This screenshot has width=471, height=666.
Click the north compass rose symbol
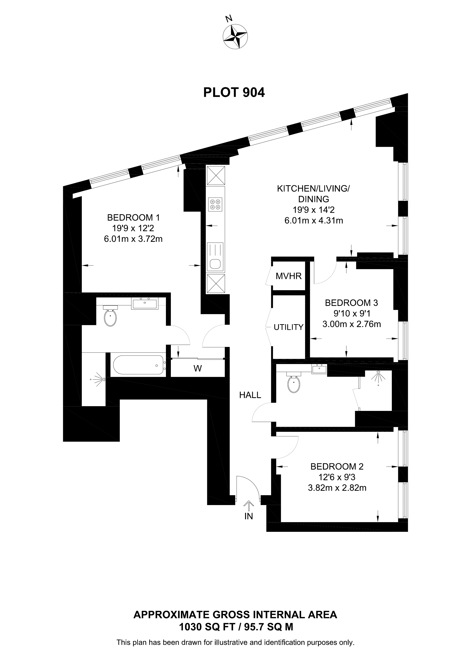point(235,37)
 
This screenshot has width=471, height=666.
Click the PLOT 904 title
point(234,92)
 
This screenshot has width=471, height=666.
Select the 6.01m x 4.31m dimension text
point(314,220)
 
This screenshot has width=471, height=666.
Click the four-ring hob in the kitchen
point(215,204)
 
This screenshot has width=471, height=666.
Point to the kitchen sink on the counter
point(215,256)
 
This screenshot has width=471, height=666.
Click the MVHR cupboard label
point(289,276)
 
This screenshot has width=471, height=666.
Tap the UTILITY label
point(288,327)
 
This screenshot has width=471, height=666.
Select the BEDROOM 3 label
point(352,303)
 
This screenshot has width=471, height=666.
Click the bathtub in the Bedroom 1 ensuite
point(139,365)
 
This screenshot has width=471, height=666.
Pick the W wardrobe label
point(198,368)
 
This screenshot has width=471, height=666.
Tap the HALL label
point(250,395)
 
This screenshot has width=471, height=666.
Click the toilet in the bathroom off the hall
point(294,382)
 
